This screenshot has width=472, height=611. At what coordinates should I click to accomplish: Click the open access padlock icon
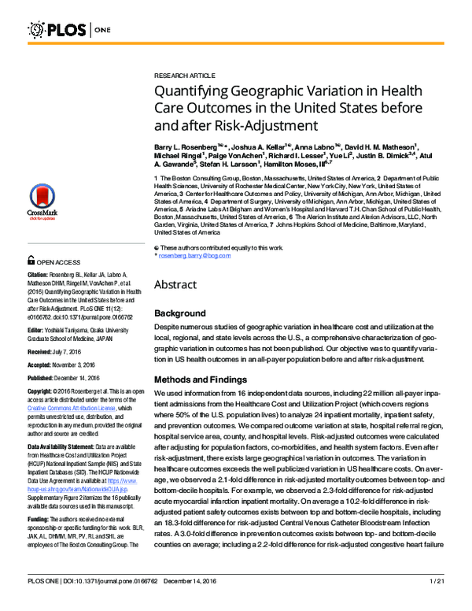point(31,260)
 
